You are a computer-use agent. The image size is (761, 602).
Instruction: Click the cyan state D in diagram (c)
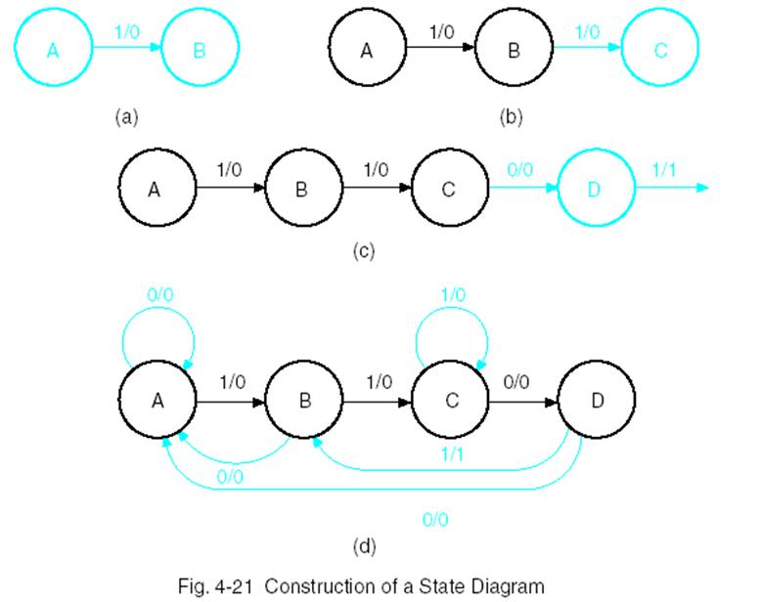596,188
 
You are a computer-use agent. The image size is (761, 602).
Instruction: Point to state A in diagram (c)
155,188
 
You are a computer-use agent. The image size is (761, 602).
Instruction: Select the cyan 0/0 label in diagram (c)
520,168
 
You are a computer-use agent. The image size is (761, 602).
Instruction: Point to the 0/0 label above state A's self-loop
161,292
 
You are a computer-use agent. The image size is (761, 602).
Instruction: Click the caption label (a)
127,117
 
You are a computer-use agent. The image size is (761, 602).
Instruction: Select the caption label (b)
512,117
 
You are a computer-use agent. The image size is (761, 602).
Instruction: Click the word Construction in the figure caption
313,586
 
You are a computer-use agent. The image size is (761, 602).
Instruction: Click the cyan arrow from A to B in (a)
125,50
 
